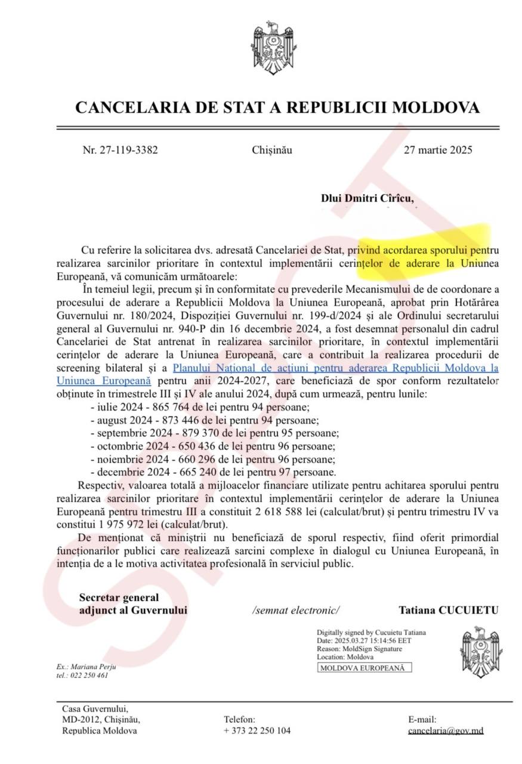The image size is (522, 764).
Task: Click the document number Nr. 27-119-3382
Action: [120, 150]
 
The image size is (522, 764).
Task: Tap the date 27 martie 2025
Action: [438, 150]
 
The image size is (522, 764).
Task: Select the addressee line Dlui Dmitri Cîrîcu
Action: [367, 199]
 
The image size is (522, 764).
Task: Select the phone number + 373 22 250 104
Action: [257, 731]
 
